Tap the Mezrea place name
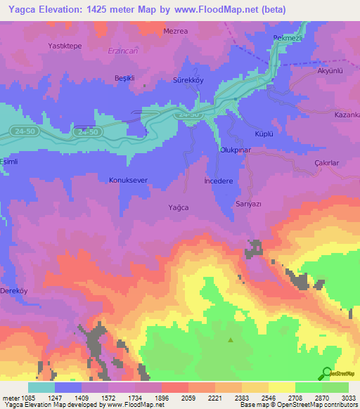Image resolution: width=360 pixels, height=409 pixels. coord(176,32)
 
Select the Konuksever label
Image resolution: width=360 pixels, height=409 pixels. coord(128,180)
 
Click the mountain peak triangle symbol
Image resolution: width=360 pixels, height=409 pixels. coord(231,340)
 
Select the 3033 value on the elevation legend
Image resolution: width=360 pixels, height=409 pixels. coord(348,396)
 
